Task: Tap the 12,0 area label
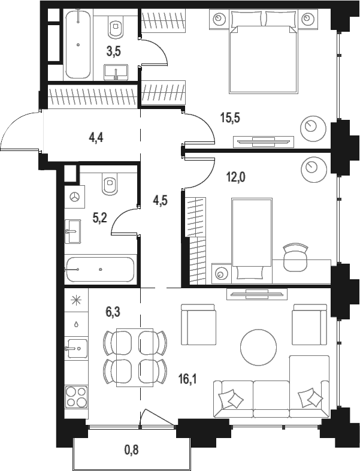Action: (x=235, y=177)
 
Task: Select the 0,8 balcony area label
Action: (x=132, y=449)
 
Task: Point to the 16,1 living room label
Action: (x=187, y=380)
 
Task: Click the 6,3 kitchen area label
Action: (x=113, y=312)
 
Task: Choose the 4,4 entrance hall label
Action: (x=96, y=138)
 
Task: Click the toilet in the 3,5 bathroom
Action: (x=116, y=27)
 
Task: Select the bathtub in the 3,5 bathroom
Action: (x=78, y=44)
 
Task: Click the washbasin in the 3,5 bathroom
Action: (x=116, y=72)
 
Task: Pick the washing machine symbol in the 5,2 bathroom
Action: (x=74, y=197)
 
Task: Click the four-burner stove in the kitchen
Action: (x=77, y=397)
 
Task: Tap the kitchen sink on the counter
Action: (x=76, y=348)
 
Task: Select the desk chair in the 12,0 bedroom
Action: (x=295, y=257)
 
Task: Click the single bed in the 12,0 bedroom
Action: (x=252, y=240)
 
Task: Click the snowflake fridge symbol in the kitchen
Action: (x=76, y=300)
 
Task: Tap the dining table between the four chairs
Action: (x=135, y=358)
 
